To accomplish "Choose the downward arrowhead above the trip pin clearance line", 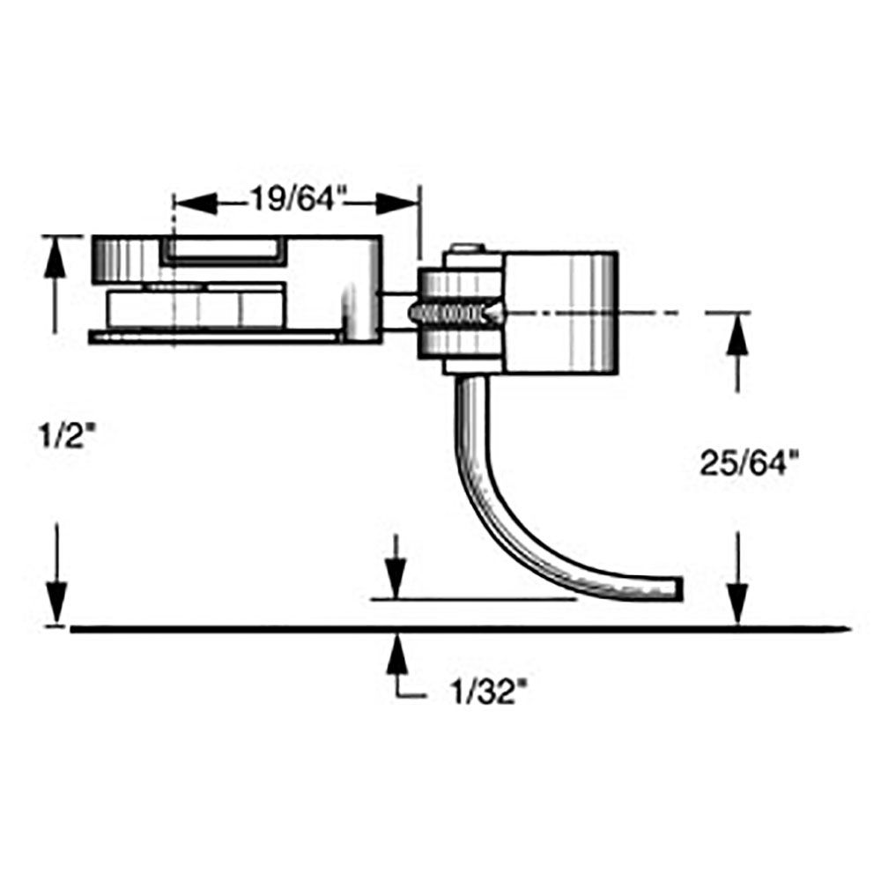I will click(x=397, y=581).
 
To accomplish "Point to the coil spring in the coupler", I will click(x=454, y=312).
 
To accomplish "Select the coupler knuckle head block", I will click(x=559, y=308).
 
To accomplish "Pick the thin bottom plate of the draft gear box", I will click(x=216, y=336).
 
